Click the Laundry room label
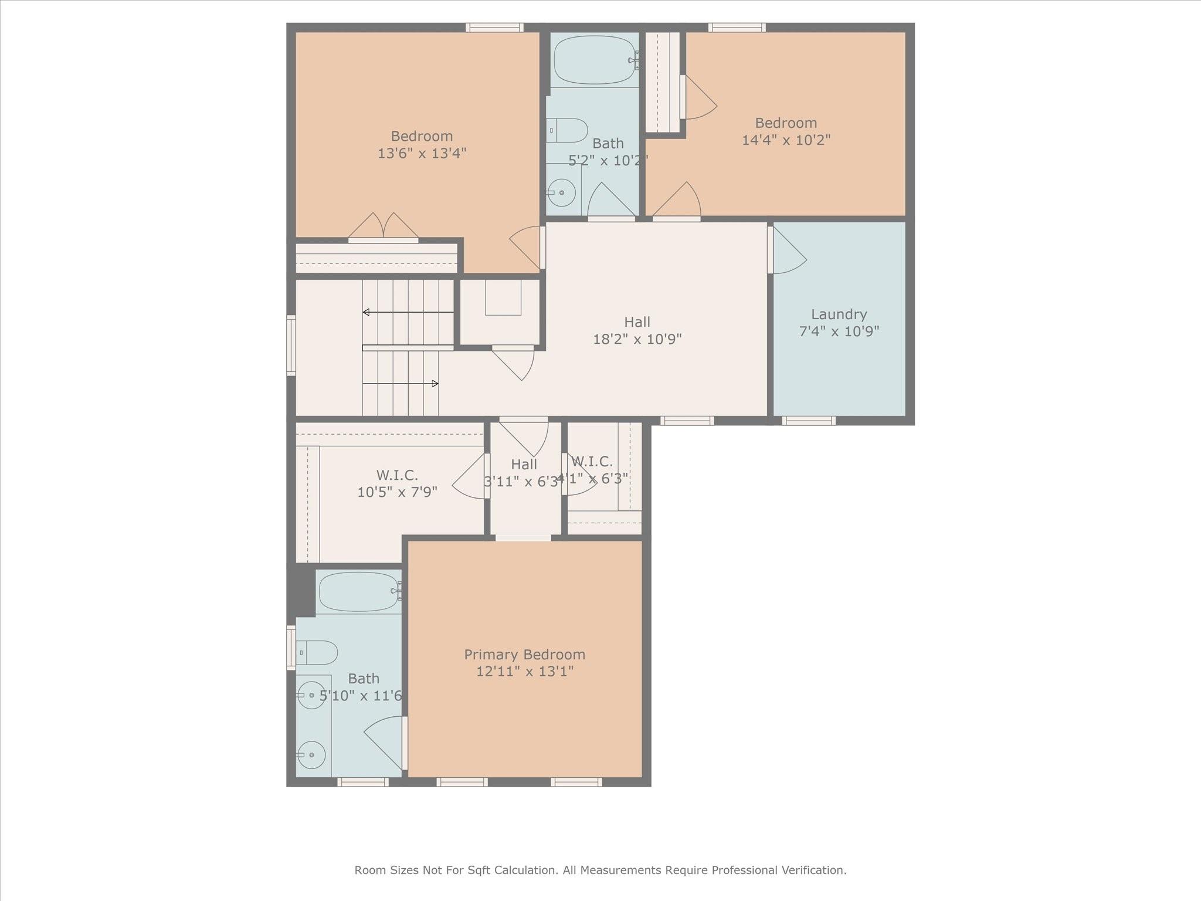tap(839, 314)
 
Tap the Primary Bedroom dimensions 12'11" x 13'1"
tap(524, 672)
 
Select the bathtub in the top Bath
tap(595, 60)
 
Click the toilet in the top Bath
tap(568, 130)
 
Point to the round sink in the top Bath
tap(561, 192)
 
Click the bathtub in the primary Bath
tap(359, 592)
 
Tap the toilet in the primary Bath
tap(317, 652)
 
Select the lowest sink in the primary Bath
tap(311, 754)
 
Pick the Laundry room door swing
tap(788, 251)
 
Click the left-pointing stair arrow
tap(367, 312)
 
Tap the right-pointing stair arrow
tap(435, 384)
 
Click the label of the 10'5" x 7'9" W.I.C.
tap(397, 475)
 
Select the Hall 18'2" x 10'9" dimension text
tap(637, 339)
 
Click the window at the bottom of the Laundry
tap(808, 421)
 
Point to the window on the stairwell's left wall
tap(291, 345)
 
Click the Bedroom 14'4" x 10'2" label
tap(786, 123)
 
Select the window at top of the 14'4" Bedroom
tap(737, 27)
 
